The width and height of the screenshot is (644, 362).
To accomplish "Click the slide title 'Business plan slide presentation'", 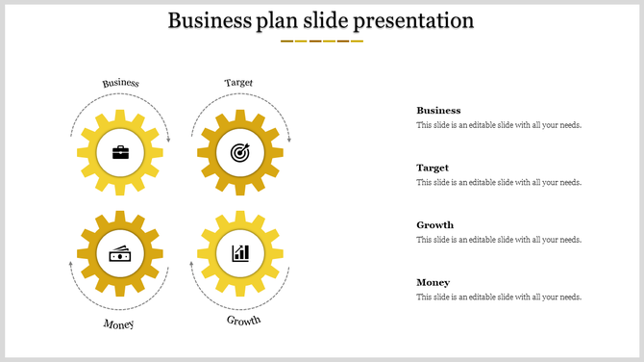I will coord(321,20).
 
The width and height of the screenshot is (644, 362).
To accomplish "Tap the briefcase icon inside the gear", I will coord(120,152).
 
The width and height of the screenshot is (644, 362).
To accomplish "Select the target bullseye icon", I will coord(239,152).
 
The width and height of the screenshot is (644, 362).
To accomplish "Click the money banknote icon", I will coord(120,253).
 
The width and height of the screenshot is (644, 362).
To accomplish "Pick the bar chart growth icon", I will coord(239,253).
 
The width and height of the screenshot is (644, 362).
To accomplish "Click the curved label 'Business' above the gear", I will coord(121,83).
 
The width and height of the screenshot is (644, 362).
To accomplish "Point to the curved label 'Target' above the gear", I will coord(238,83).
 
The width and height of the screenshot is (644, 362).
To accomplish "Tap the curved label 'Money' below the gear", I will coord(119,323).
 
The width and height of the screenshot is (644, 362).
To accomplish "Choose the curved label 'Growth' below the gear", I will coord(243,320).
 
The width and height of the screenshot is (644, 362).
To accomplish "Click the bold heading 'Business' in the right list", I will coord(438,111).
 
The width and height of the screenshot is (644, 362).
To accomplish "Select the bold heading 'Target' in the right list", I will coord(433,168).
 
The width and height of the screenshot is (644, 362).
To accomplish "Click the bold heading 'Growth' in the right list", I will coord(434,225).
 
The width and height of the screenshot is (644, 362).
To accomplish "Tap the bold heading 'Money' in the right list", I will coord(433,282).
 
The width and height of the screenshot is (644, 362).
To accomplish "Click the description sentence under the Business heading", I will coord(498,125).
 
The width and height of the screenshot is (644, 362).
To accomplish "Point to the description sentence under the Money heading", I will coord(498,297).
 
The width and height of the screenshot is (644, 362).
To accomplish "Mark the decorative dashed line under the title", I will coord(321,41).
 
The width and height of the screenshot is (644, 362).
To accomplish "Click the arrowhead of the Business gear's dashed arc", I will coord(168,141).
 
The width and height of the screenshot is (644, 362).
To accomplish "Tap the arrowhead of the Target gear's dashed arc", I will coord(287,141).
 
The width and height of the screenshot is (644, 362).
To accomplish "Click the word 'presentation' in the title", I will coord(413,20).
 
